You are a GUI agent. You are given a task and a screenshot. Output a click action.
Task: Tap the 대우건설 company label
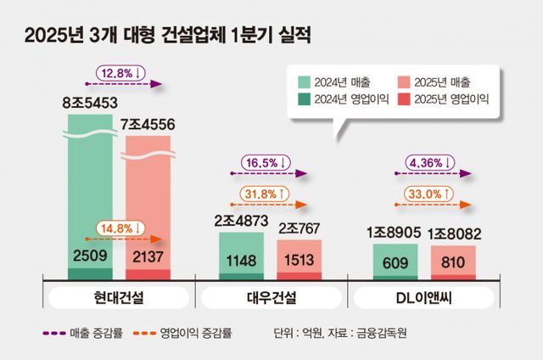(271, 298)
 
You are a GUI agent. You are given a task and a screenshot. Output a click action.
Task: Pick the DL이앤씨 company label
(424, 298)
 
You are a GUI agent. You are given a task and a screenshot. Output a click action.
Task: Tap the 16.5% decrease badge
(267, 161)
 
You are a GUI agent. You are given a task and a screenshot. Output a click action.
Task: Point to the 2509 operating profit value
(90, 255)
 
